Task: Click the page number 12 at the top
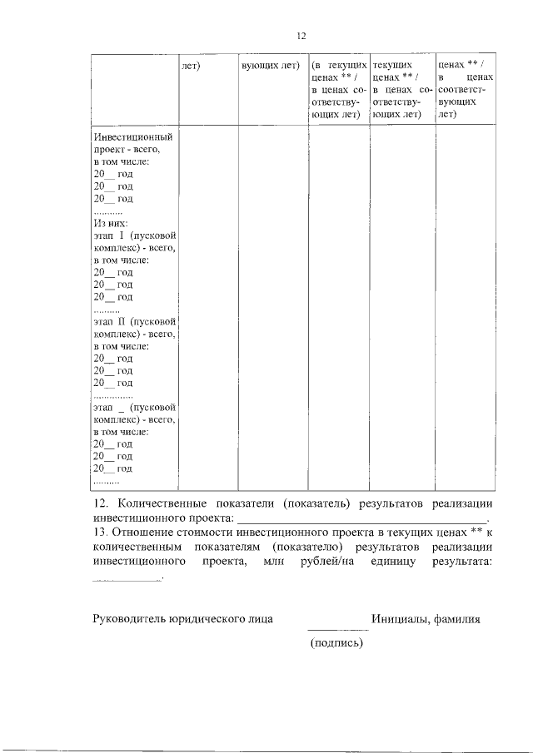tap(302, 36)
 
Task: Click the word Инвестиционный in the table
tap(133, 136)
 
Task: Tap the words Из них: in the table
tap(109, 223)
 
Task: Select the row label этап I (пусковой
tap(134, 235)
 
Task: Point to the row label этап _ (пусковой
tap(134, 408)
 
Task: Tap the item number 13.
tap(100, 532)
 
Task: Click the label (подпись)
tap(336, 642)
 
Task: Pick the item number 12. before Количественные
tap(100, 503)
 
